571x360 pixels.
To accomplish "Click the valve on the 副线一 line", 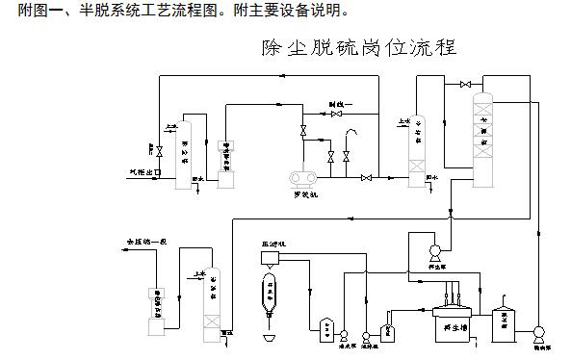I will point(335,114).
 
